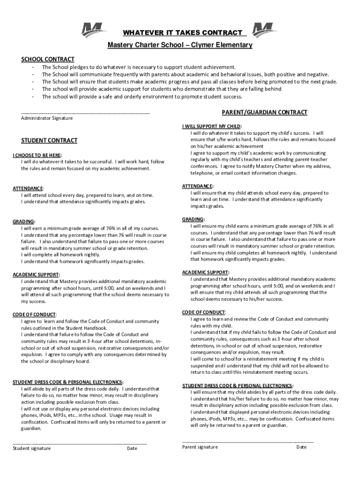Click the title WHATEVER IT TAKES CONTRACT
pyautogui.click(x=183, y=33)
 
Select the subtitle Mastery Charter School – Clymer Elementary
pyautogui.click(x=180, y=45)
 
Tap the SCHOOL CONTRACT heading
pyautogui.click(x=48, y=59)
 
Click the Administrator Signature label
pyautogui.click(x=47, y=118)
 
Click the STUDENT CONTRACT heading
pyautogui.click(x=50, y=140)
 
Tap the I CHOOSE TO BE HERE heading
pyautogui.click(x=37, y=155)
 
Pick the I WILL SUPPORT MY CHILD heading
pyautogui.click(x=211, y=126)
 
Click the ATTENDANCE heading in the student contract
pyautogui.click(x=29, y=188)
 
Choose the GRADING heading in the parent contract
pyautogui.click(x=193, y=219)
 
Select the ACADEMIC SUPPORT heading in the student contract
pyautogui.click(x=36, y=275)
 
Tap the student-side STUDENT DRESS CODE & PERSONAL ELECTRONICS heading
pyautogui.click(x=68, y=382)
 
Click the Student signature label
pyautogui.click(x=32, y=449)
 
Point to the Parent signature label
pyautogui.click(x=200, y=447)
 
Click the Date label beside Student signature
pyautogui.click(x=132, y=449)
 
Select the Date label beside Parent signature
pyautogui.click(x=302, y=447)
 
